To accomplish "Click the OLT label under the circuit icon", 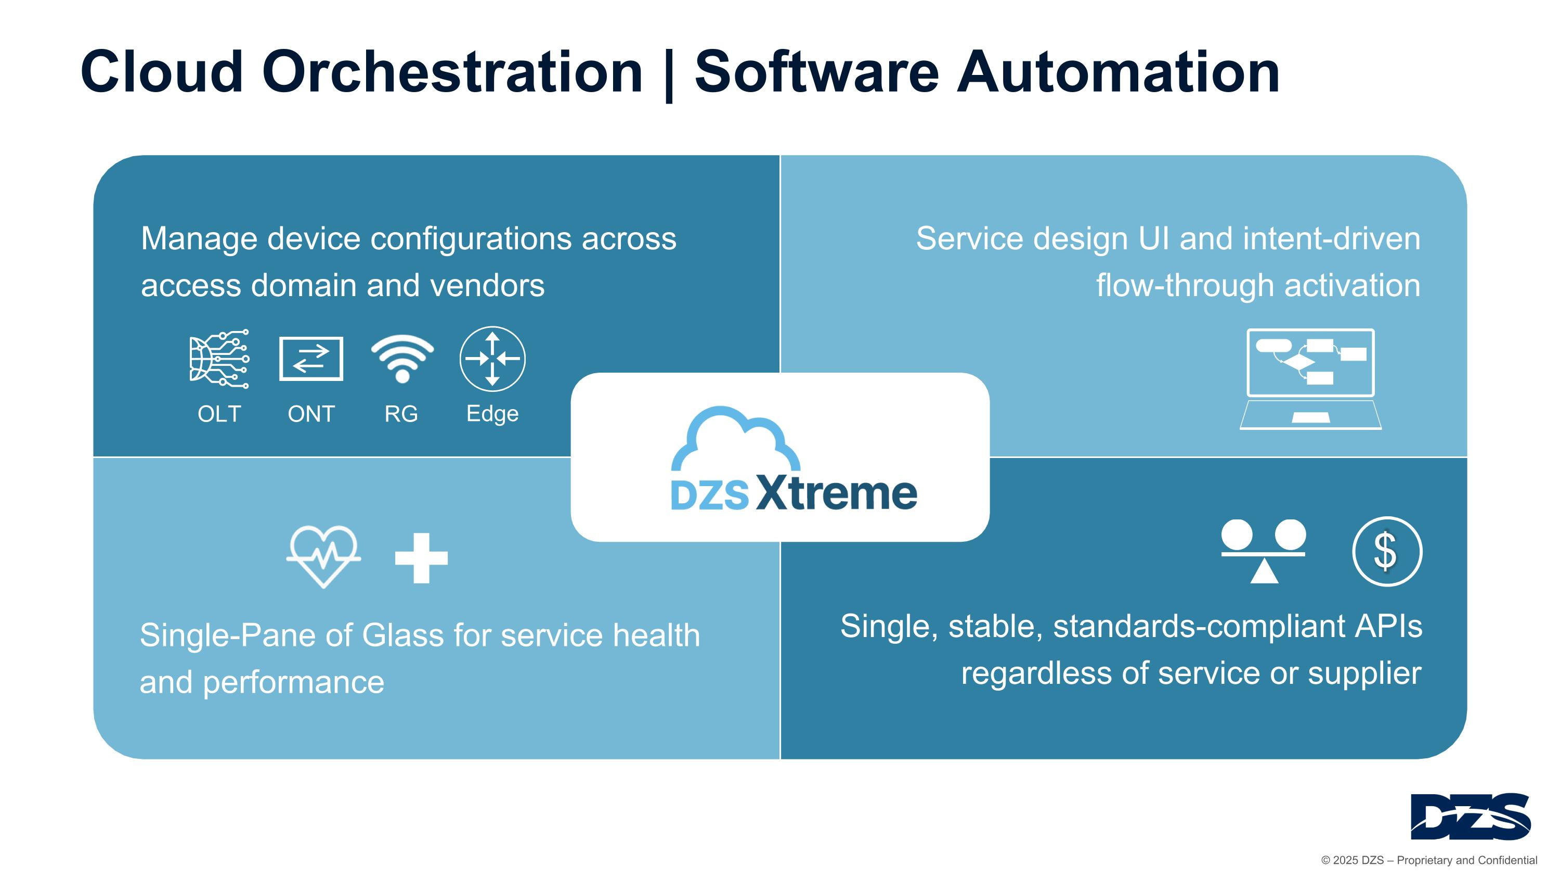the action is pyautogui.click(x=219, y=414).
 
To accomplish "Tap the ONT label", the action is pyautogui.click(x=311, y=414).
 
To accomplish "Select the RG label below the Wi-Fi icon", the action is pyautogui.click(x=401, y=414).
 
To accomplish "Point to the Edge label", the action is pyautogui.click(x=492, y=414).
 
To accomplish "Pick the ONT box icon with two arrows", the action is pyautogui.click(x=311, y=359).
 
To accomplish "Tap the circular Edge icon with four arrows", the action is pyautogui.click(x=492, y=359).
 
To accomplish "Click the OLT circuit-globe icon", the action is pyautogui.click(x=219, y=359).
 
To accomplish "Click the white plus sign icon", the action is pyautogui.click(x=422, y=558).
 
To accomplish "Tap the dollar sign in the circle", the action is pyautogui.click(x=1387, y=551).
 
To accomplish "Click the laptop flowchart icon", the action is pyautogui.click(x=1310, y=379).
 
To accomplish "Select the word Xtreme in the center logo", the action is pyautogui.click(x=836, y=493).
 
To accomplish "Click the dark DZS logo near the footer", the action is pyautogui.click(x=1471, y=816).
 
